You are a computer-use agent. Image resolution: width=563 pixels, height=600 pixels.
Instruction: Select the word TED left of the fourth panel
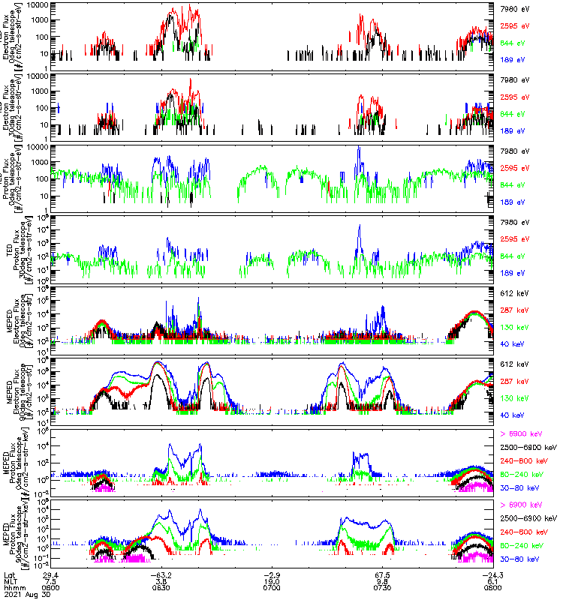click(8, 247)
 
